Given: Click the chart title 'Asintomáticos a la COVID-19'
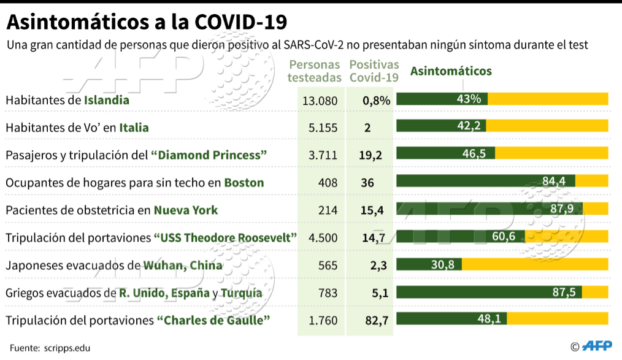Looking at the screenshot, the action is click(147, 22).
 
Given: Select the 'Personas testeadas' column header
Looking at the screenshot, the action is click(315, 71).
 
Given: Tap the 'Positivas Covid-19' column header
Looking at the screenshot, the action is click(374, 71).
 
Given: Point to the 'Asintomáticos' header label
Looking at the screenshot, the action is click(451, 71).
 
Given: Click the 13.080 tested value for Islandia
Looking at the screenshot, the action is click(320, 101).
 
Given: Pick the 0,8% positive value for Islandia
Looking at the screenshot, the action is click(377, 101).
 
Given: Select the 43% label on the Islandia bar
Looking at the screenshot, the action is click(469, 99).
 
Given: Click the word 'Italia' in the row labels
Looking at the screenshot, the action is click(134, 128).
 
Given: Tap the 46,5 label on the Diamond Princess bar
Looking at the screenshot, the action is click(474, 153).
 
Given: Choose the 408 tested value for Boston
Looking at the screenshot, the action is click(328, 183).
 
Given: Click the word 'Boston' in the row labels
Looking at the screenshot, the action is click(244, 183).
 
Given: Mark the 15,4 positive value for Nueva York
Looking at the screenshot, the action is click(372, 210).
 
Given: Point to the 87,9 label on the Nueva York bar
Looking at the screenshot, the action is click(562, 208).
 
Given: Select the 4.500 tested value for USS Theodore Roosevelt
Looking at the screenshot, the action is click(323, 238).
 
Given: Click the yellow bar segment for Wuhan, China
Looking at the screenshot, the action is click(535, 264).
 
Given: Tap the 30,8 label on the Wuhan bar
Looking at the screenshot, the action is click(443, 264).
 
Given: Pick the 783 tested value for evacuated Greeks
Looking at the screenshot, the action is click(328, 293).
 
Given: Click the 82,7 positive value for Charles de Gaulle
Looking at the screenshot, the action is click(377, 320).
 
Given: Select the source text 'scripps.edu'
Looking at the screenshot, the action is click(67, 348).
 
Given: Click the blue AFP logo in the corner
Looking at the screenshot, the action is click(597, 346).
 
